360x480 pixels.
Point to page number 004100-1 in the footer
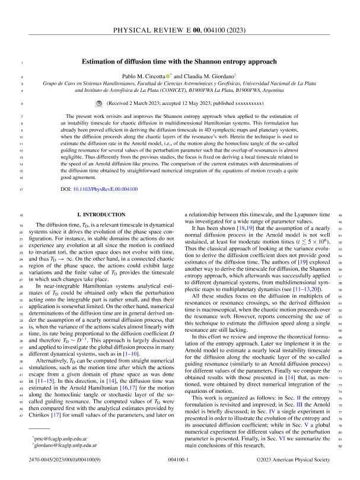[x=179, y=459]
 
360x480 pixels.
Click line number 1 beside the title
[x=21, y=62]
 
